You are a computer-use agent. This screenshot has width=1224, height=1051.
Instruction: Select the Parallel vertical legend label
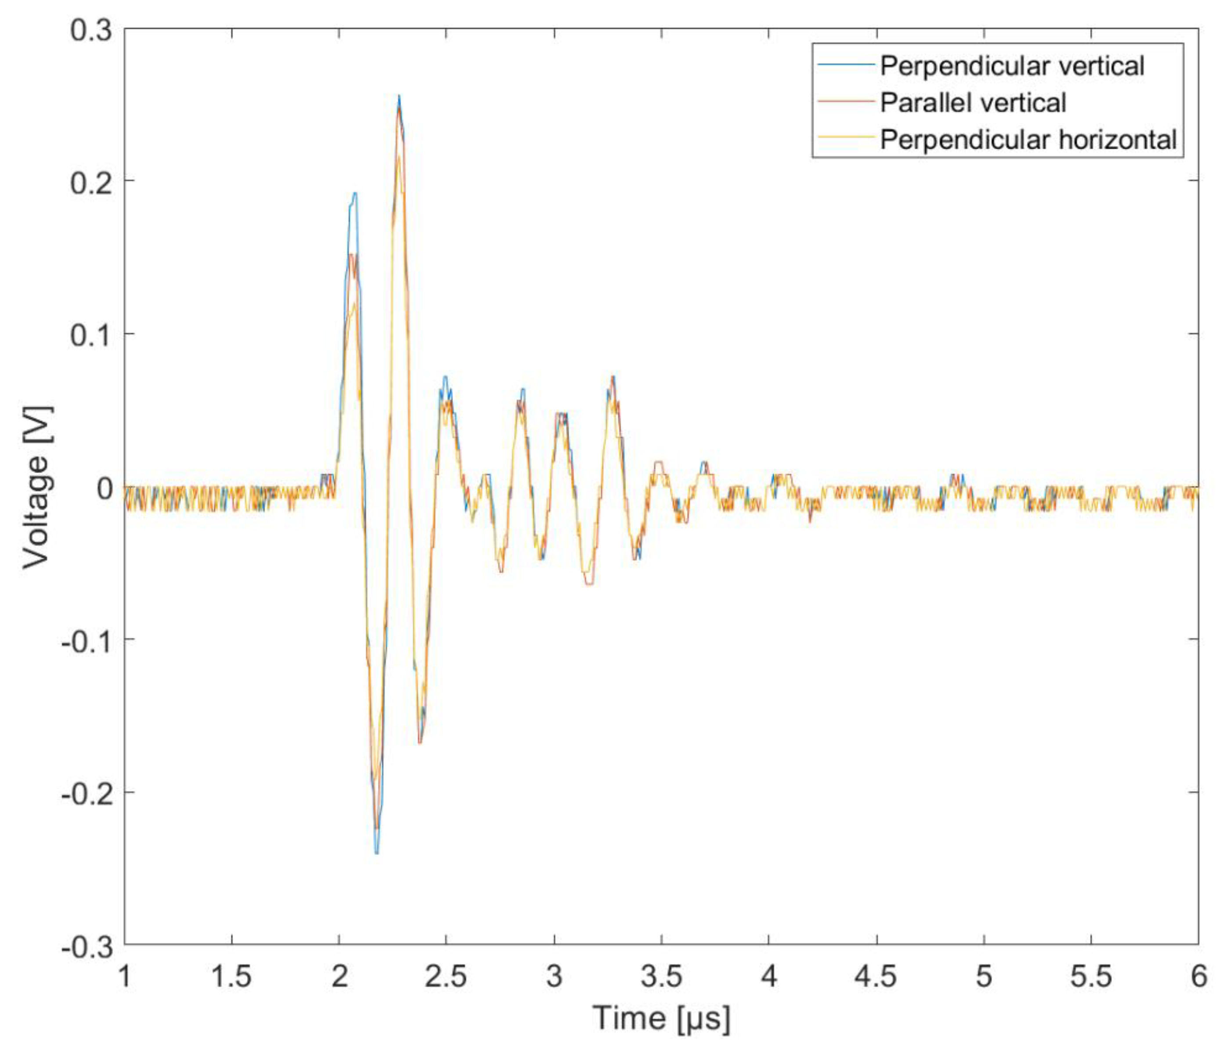click(x=973, y=103)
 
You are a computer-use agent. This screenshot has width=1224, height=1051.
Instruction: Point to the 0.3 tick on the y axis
click(x=91, y=29)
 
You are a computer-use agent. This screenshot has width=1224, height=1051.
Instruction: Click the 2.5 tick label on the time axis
click(x=446, y=976)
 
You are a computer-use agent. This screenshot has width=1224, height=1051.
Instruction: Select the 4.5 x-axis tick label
click(x=876, y=976)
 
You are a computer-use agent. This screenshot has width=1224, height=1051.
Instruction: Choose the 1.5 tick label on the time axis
click(x=232, y=976)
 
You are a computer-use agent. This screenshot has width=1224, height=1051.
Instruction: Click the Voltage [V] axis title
click(x=36, y=488)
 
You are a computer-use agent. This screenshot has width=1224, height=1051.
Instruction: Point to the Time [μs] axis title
click(x=661, y=1017)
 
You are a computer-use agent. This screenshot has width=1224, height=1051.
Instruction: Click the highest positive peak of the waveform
click(x=399, y=96)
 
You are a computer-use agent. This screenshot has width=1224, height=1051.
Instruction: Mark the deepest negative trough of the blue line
click(x=377, y=852)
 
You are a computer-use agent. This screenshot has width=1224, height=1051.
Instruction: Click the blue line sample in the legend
click(x=845, y=64)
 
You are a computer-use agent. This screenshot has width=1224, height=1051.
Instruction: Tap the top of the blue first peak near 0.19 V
click(x=355, y=193)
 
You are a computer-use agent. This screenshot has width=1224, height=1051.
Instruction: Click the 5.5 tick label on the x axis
click(x=1090, y=976)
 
